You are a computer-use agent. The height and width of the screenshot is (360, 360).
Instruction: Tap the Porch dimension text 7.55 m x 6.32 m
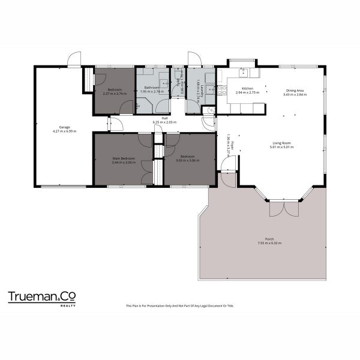[x=269, y=243]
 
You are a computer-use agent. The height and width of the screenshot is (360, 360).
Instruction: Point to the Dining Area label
[x=295, y=91]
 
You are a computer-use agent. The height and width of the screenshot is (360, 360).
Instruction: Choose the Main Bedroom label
[x=124, y=158]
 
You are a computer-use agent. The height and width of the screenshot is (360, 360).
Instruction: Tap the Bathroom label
[x=151, y=88]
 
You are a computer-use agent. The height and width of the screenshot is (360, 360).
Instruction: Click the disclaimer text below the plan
[x=180, y=306]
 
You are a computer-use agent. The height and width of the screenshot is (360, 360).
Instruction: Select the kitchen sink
[x=245, y=73]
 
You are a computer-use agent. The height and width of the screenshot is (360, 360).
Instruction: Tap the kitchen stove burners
[x=221, y=91]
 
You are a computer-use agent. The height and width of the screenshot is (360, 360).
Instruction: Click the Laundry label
[x=201, y=88]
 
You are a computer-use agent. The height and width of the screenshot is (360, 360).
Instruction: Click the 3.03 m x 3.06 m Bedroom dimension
[x=187, y=161]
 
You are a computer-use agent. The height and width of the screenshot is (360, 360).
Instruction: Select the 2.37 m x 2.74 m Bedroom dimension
[x=114, y=94]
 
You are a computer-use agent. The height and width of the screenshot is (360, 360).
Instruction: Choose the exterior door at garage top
[x=74, y=59]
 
